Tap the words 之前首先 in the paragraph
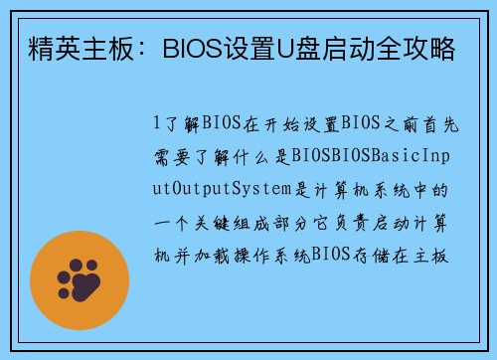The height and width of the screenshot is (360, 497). point(413,124)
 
